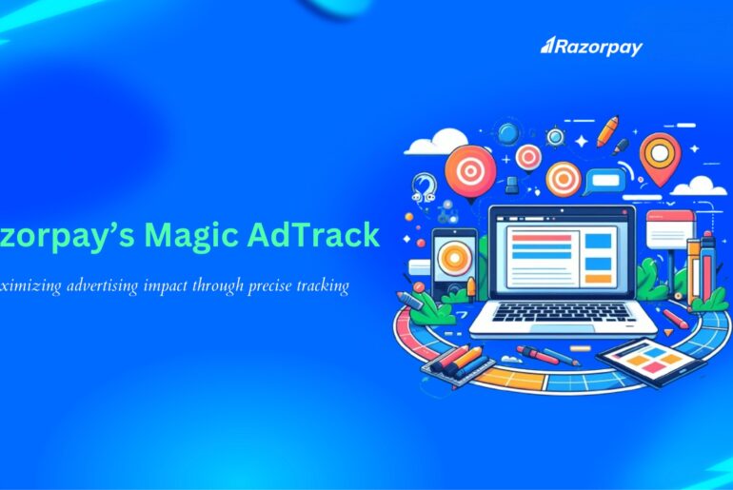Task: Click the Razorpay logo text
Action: point(591,47)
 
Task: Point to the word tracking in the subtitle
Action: point(320,284)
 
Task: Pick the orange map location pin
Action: point(661,154)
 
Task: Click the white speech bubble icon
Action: point(602,180)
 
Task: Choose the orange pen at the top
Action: point(607,130)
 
